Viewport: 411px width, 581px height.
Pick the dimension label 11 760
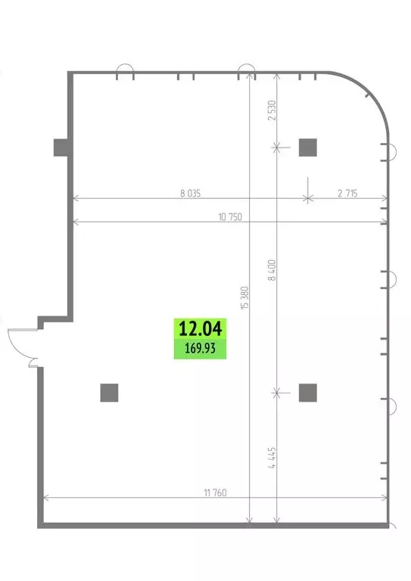click(215, 492)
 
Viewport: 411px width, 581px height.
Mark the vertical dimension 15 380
click(244, 297)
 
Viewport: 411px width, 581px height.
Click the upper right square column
click(307, 147)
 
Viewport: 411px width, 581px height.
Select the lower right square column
click(307, 392)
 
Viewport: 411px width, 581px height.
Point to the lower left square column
click(109, 392)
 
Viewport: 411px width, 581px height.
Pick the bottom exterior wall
click(215, 524)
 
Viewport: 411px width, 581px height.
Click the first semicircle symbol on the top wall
click(126, 73)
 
